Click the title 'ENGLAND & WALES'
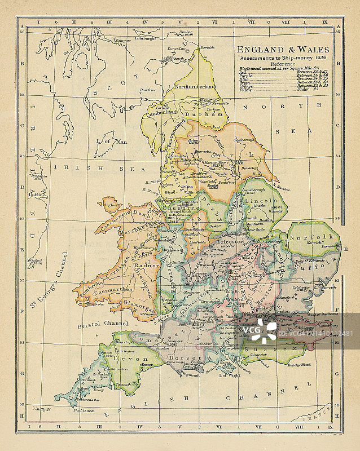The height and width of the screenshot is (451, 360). (283, 50)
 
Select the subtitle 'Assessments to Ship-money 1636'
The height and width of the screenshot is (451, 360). (282, 58)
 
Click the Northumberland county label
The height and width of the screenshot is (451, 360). (196, 87)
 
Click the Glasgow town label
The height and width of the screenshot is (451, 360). (121, 41)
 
